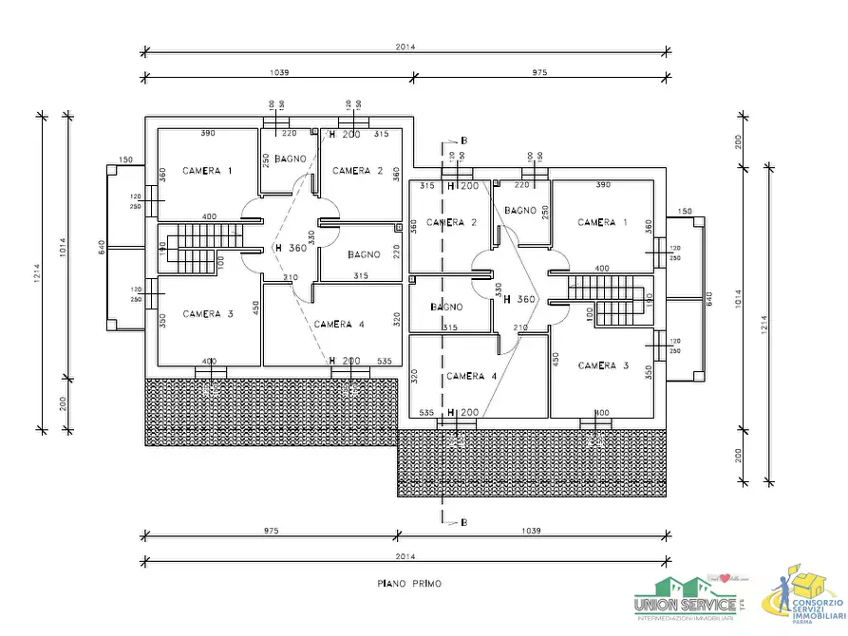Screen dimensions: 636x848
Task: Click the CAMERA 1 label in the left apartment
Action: point(207,171)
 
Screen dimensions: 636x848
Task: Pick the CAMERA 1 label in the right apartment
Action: point(603,222)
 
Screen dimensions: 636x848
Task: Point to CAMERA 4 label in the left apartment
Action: point(339,324)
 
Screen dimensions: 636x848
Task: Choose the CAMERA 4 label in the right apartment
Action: point(472,376)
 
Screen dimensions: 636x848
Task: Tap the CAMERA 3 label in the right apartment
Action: point(603,365)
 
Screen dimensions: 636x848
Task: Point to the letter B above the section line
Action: point(463,141)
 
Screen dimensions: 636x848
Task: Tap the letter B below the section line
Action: point(463,522)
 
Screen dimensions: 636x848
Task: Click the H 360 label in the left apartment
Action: point(291,248)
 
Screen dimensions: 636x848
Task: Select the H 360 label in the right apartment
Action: point(520,299)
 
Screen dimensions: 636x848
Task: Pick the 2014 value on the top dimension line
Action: point(406,47)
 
